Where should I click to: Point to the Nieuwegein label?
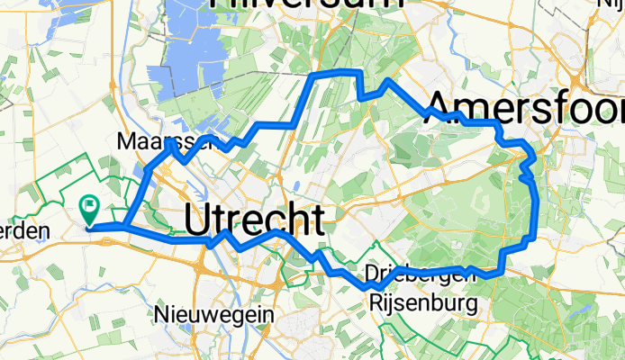click(214, 314)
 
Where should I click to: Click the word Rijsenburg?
click(423, 304)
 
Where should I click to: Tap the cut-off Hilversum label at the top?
click(306, 5)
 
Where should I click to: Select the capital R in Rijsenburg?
click(376, 304)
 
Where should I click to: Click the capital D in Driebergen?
click(374, 273)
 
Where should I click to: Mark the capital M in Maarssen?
click(125, 141)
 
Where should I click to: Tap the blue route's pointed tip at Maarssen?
click(168, 141)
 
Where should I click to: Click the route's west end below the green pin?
click(91, 227)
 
